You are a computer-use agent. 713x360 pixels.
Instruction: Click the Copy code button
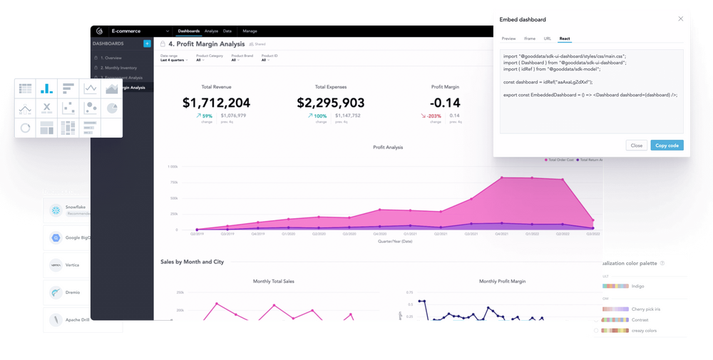667,145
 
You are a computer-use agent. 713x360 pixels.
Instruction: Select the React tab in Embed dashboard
564,38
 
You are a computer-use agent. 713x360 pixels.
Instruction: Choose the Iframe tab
529,38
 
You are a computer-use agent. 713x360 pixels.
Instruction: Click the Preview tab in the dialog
508,38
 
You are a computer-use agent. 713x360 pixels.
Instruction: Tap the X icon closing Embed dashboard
680,19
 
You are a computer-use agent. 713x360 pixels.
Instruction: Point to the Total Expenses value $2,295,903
330,103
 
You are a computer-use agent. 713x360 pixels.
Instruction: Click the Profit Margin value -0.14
446,103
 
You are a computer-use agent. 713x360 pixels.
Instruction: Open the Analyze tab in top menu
211,31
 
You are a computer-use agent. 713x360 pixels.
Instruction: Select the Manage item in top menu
250,31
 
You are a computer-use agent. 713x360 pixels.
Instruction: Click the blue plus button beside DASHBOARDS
147,44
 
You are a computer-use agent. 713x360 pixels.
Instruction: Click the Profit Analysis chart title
388,148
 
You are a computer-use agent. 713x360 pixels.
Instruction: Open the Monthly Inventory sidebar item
119,67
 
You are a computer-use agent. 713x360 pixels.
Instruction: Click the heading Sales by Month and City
193,262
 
